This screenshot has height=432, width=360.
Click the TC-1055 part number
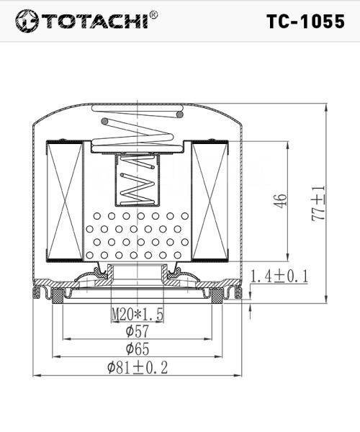(x=305, y=21)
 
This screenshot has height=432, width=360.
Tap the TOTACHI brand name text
(x=95, y=21)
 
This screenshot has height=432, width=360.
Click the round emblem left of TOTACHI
(x=27, y=21)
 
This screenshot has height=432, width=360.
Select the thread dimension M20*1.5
(x=138, y=315)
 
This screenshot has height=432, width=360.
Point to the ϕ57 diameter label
(x=138, y=331)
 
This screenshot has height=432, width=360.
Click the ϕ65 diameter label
(x=138, y=348)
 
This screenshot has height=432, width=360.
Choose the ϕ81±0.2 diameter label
(x=138, y=367)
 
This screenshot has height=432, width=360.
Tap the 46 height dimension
(x=280, y=201)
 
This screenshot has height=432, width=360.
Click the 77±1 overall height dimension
(x=319, y=203)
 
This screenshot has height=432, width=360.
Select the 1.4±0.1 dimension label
(x=279, y=276)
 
